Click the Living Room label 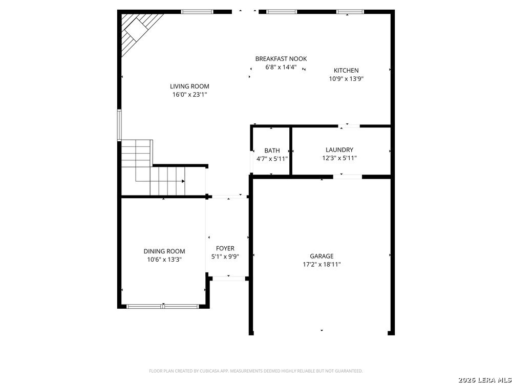(x=189, y=87)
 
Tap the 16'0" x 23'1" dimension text (x=189, y=95)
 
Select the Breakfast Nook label (x=281, y=59)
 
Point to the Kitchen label (x=346, y=71)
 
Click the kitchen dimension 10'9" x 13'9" (x=346, y=79)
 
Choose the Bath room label (x=272, y=151)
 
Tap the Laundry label (x=339, y=150)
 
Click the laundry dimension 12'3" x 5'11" (x=339, y=158)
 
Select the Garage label (x=322, y=257)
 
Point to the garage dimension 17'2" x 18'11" (x=322, y=265)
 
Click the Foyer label (x=225, y=249)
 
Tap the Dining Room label (x=164, y=251)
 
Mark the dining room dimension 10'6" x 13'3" (x=164, y=260)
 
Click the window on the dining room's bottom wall (x=163, y=306)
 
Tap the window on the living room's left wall (x=119, y=124)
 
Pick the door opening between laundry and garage (x=348, y=177)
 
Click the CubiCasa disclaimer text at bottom (x=255, y=371)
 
